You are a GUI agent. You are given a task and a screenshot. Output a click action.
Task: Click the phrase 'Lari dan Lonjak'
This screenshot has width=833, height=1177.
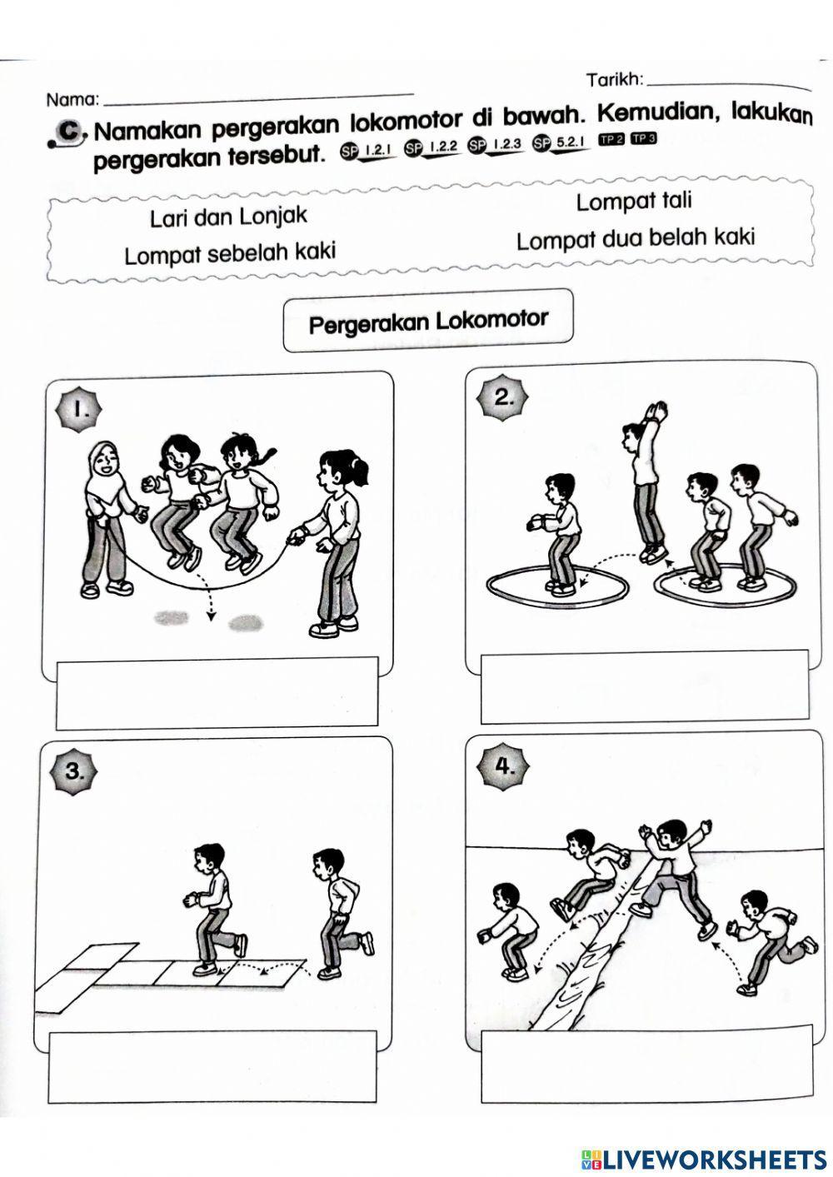(228, 217)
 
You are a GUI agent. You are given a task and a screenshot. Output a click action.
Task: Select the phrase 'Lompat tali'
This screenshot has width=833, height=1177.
(633, 202)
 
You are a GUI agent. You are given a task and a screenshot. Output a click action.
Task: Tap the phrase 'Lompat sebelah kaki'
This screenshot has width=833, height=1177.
(230, 252)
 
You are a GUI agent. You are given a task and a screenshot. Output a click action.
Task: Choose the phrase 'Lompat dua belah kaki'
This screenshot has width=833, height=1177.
(635, 239)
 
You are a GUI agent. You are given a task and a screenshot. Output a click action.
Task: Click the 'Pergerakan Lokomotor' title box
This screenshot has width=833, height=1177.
(428, 322)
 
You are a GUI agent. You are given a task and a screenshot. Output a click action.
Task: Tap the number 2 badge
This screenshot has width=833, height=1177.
(504, 397)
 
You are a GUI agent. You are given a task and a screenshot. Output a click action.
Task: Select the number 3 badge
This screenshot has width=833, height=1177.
(75, 771)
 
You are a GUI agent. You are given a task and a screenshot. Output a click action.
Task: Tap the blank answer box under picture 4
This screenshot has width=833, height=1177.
(646, 1063)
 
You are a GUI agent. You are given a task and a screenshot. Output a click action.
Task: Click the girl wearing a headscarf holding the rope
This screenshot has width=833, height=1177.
(108, 516)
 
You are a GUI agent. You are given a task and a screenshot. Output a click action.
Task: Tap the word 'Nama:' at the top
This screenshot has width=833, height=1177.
(73, 100)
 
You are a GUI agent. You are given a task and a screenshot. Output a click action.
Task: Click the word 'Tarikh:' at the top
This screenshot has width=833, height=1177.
(615, 80)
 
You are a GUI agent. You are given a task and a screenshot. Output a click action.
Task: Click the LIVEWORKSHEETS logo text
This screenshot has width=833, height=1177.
(715, 1159)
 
